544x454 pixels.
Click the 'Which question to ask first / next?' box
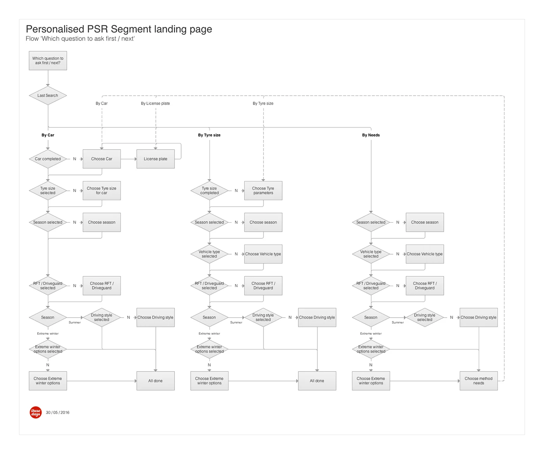(x=48, y=61)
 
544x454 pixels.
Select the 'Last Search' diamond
(x=48, y=96)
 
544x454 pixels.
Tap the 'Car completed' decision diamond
(x=48, y=159)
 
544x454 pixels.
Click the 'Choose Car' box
(x=101, y=159)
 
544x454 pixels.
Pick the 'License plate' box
(x=155, y=159)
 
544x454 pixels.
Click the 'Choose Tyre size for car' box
(x=101, y=190)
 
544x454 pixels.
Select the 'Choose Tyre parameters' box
(x=263, y=190)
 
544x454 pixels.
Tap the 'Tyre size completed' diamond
(x=209, y=190)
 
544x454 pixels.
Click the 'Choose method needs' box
(x=478, y=381)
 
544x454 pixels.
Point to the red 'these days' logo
(x=36, y=412)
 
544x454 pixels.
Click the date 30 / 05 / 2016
(x=58, y=413)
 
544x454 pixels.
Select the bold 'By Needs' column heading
(x=371, y=135)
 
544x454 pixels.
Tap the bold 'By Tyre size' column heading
(x=209, y=135)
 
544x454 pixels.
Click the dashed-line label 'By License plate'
(x=155, y=103)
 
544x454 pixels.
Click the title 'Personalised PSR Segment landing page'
(x=119, y=29)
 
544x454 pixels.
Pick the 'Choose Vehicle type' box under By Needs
(x=425, y=254)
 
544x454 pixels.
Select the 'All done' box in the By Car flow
(x=155, y=381)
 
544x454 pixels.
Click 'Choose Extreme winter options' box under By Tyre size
(x=209, y=381)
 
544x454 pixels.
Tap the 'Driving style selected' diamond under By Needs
(x=425, y=318)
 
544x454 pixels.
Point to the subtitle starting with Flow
(x=80, y=39)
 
